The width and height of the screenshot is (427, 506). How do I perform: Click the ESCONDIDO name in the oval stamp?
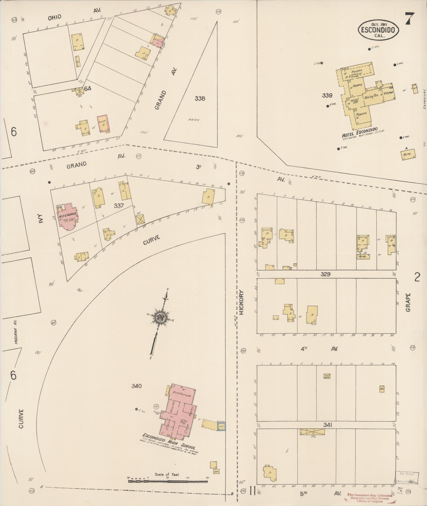(x=379, y=30)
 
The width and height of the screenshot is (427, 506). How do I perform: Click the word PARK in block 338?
(x=194, y=120)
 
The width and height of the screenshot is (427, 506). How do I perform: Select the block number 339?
(x=327, y=95)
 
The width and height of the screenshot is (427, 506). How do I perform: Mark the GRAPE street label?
(x=408, y=302)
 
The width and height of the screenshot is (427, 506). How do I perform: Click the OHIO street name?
(x=55, y=17)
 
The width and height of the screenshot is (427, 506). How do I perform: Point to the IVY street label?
(x=40, y=219)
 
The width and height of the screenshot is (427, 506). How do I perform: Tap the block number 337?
(x=119, y=206)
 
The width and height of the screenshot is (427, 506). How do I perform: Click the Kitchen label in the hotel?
(x=388, y=93)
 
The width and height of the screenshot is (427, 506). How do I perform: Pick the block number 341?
(x=327, y=425)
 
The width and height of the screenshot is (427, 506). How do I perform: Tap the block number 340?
(x=136, y=386)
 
